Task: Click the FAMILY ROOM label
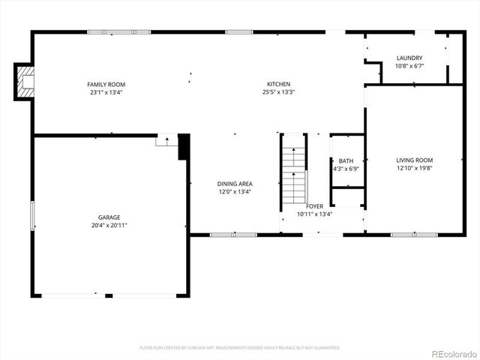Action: click(106, 84)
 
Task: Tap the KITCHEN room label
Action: click(278, 84)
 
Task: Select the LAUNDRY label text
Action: click(409, 58)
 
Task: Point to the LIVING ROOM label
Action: click(415, 160)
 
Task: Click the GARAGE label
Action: click(109, 217)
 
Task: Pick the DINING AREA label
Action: click(235, 184)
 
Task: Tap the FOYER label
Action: click(314, 205)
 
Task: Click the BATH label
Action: click(346, 160)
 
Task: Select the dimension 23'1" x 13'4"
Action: click(106, 92)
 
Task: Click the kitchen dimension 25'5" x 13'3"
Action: click(278, 92)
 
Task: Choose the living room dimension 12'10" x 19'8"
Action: click(415, 169)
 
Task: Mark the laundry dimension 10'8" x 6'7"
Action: click(409, 66)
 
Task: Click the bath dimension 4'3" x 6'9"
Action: click(346, 169)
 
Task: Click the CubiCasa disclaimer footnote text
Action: click(240, 348)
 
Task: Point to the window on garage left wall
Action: click(31, 216)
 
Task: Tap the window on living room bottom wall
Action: click(413, 235)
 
